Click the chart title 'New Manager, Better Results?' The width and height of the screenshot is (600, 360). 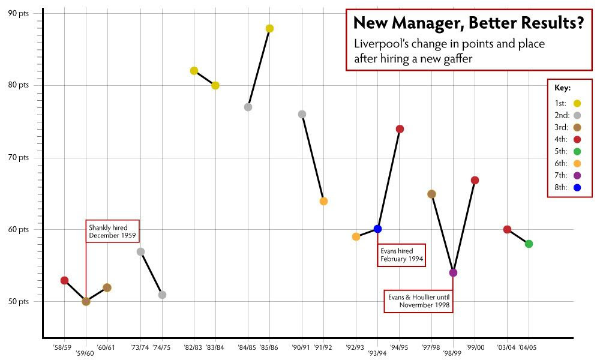(468, 23)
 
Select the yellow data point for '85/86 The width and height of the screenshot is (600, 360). (269, 28)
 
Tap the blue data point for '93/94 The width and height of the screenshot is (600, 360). (377, 229)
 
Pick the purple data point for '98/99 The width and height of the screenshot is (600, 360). (453, 272)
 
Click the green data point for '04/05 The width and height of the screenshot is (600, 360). (529, 244)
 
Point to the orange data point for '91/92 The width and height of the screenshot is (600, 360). (323, 201)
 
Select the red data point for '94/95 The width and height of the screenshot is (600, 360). (400, 129)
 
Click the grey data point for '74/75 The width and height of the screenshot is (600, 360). (162, 295)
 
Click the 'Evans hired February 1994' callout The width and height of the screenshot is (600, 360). (401, 255)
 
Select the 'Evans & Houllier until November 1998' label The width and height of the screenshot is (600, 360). (419, 301)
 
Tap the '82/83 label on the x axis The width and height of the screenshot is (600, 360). (194, 347)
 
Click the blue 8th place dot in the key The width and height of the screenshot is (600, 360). (578, 187)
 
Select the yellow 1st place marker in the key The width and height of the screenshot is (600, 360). (578, 103)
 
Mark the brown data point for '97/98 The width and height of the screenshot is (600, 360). (431, 194)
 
